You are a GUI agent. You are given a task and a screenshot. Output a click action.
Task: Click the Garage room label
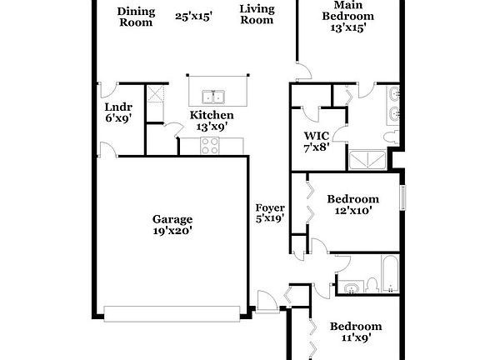(x=172, y=225)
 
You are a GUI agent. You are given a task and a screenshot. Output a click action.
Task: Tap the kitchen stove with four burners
(x=210, y=145)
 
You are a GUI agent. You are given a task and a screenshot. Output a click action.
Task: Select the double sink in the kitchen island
(x=213, y=97)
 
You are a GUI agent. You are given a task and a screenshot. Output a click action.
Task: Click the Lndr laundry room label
(x=118, y=112)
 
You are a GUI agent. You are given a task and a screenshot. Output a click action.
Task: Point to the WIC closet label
(x=317, y=142)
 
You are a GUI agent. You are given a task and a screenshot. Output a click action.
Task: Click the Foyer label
(x=270, y=213)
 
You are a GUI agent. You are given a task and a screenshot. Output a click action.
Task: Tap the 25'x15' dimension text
(x=194, y=16)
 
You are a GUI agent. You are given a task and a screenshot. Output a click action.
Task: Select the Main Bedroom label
(x=348, y=16)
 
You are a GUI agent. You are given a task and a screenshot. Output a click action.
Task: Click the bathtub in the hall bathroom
(x=390, y=273)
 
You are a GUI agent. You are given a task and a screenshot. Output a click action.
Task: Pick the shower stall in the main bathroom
(x=367, y=160)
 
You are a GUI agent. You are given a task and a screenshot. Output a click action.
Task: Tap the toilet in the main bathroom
(x=392, y=137)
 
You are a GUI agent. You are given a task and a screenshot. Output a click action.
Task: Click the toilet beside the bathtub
(x=372, y=285)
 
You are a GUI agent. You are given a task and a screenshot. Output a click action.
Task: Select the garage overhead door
(x=172, y=314)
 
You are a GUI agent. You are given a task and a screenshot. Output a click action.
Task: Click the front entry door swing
(x=267, y=302)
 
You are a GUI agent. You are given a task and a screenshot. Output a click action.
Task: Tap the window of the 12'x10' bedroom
(x=403, y=197)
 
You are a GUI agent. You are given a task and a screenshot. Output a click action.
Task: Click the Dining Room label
(x=136, y=17)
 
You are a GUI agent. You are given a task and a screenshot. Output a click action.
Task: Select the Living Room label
(x=257, y=14)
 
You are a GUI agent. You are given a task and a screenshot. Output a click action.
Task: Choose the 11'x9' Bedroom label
(x=356, y=332)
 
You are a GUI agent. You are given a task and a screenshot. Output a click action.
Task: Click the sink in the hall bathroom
(x=352, y=287)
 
